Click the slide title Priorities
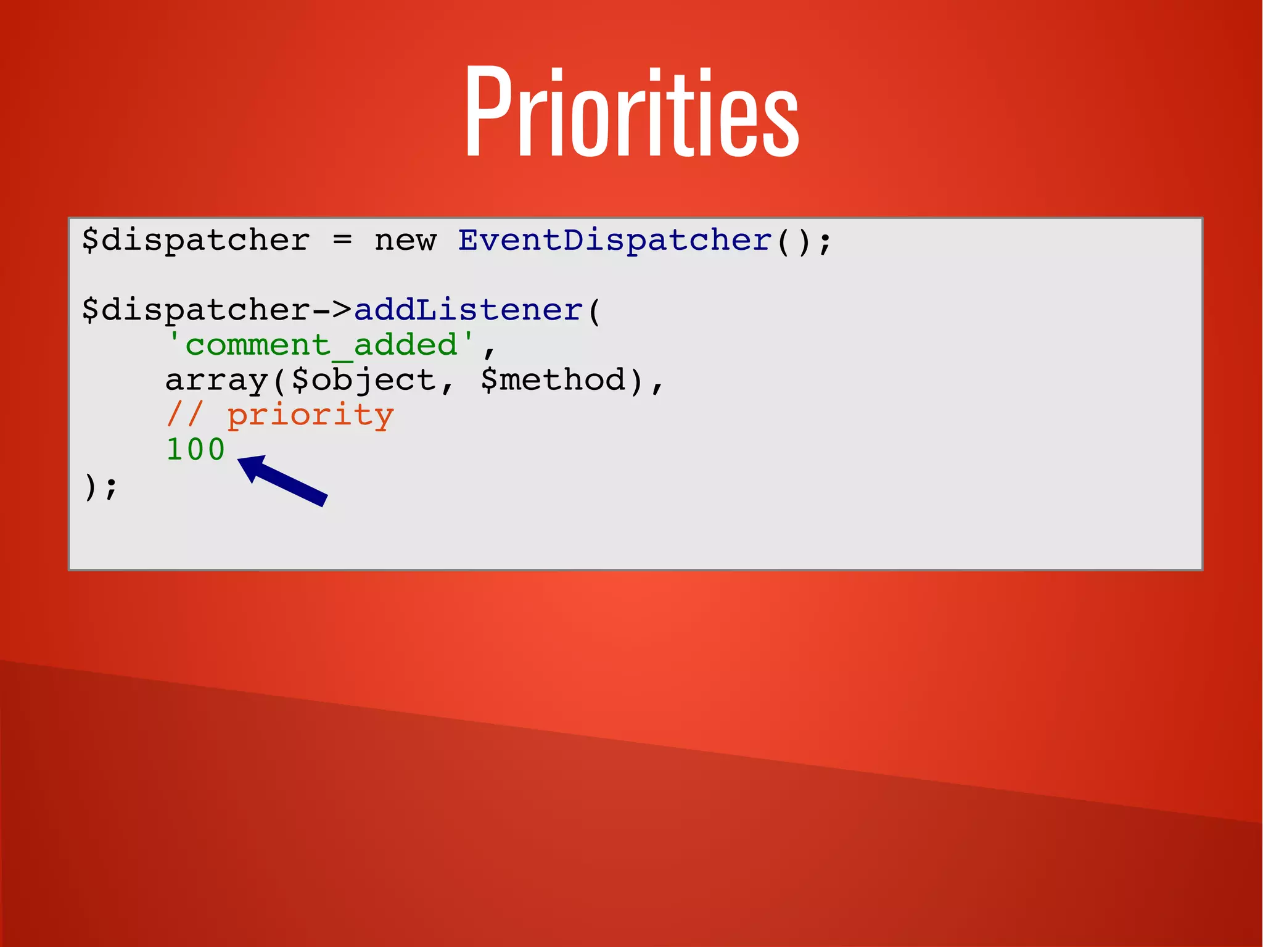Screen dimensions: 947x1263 coord(631,113)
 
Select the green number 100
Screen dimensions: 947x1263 coord(195,449)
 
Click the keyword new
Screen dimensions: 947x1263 coord(405,240)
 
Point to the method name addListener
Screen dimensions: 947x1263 coord(469,310)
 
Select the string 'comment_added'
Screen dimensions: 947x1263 coord(321,344)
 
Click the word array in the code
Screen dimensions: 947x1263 coord(216,379)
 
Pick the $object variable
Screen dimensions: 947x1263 coord(364,379)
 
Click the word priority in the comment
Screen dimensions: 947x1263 coord(310,415)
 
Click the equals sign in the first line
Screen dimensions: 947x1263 coord(342,240)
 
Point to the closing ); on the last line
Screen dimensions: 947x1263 coord(100,486)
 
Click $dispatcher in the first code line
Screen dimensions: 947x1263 coord(195,240)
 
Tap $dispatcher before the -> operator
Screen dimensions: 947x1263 coord(195,310)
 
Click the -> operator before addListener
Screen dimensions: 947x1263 coord(332,310)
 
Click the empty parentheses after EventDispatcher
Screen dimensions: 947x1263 coord(792,240)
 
